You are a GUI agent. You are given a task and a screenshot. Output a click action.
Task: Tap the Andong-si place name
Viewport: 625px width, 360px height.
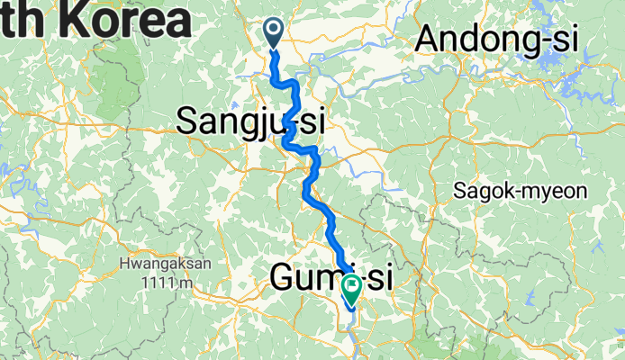497,40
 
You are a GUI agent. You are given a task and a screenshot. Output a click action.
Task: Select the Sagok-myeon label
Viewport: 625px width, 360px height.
520,191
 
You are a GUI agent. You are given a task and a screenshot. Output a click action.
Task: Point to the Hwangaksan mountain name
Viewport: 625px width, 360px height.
164,264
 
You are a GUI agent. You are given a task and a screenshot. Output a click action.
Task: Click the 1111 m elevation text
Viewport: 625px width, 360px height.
164,283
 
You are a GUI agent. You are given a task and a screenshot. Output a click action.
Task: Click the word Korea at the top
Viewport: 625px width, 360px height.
117,21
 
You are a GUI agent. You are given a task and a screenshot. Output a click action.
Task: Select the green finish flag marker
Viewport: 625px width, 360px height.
349,287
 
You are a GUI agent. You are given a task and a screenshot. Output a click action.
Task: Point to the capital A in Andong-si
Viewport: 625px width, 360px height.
429,40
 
